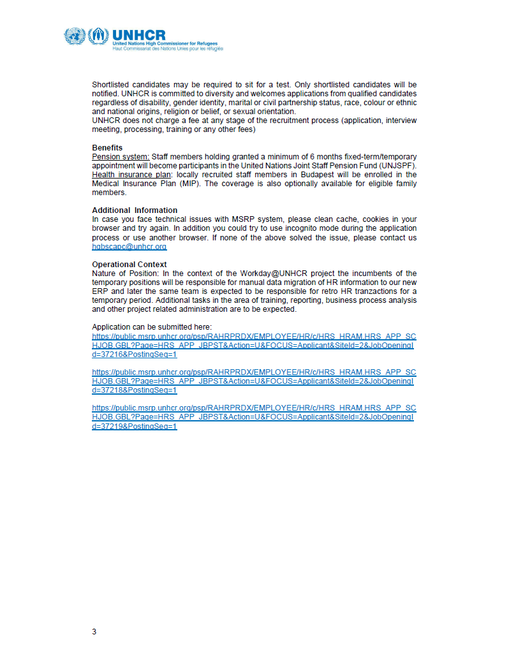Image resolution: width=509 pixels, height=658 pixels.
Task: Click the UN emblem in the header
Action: tap(74, 36)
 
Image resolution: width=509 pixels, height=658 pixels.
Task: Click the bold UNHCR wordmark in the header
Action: tap(138, 34)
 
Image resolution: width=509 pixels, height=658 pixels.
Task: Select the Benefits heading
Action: tap(107, 148)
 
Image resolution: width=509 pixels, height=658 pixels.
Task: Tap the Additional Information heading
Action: tap(135, 210)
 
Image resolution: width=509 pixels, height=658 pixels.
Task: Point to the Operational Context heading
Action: tap(129, 264)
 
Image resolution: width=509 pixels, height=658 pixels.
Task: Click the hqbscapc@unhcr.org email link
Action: tap(129, 246)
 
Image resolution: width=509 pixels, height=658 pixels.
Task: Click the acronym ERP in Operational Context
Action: tap(101, 291)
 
